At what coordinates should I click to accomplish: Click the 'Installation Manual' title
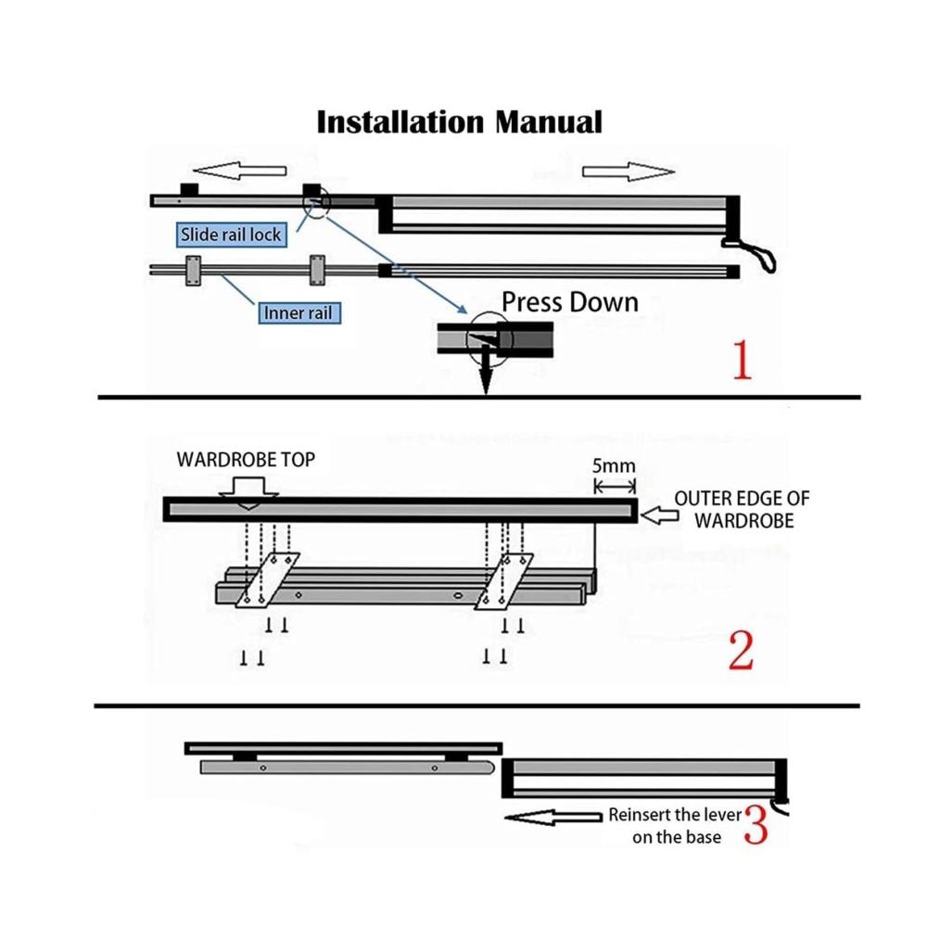[x=459, y=121]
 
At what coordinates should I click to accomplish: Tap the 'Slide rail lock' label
[x=231, y=235]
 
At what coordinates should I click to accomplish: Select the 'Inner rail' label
[x=298, y=312]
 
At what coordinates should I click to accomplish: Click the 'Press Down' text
[x=570, y=301]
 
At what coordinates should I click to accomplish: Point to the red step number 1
[x=742, y=362]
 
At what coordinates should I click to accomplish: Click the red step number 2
[x=741, y=652]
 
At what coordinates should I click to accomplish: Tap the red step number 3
[x=756, y=825]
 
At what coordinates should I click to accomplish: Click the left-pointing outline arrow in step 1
[x=243, y=171]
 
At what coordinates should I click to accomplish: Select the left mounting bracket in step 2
[x=267, y=581]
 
